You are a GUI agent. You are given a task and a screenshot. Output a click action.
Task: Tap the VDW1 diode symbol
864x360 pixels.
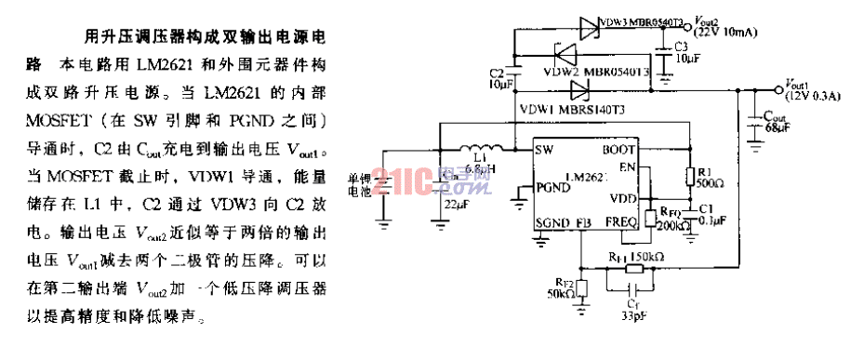tap(581, 90)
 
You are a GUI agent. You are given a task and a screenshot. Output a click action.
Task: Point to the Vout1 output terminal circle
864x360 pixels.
tap(779, 90)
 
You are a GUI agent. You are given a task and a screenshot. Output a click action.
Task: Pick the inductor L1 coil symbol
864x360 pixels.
tap(481, 150)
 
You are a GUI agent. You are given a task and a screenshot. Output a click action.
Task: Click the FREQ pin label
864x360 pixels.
tap(619, 223)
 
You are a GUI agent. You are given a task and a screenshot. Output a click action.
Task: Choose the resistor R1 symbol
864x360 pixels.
tap(689, 177)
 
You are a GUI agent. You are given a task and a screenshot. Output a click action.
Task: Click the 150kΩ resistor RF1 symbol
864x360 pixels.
tap(631, 269)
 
